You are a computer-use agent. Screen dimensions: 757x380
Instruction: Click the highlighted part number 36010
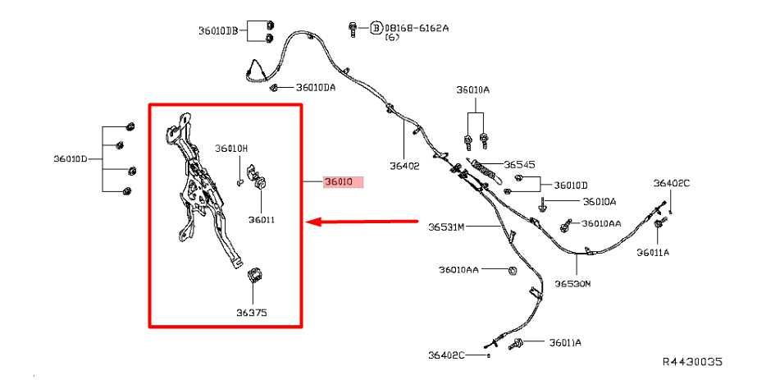(x=339, y=182)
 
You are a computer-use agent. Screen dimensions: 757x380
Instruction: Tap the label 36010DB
(x=218, y=31)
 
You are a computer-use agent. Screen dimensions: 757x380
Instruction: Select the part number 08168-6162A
(x=416, y=28)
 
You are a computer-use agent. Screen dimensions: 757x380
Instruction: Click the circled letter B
(x=376, y=28)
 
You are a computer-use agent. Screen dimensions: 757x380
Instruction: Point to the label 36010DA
(x=316, y=87)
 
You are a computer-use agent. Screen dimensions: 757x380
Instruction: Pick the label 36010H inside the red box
(x=231, y=149)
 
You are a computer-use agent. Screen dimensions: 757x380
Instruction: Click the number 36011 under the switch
(x=262, y=220)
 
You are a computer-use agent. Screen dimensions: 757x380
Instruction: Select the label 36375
(x=252, y=313)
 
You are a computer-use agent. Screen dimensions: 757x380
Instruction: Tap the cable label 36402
(x=404, y=166)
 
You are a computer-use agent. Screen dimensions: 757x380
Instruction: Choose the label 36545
(x=519, y=165)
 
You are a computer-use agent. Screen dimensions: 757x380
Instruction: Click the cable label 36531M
(x=446, y=227)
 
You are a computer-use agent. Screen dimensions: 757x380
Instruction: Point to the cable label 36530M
(x=572, y=283)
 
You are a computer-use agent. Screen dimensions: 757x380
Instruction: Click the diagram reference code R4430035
(x=692, y=361)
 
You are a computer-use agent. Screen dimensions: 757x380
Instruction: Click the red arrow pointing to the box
(x=362, y=222)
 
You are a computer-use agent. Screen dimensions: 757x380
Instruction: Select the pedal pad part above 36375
(x=254, y=275)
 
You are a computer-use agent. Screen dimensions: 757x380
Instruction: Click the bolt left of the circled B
(x=353, y=29)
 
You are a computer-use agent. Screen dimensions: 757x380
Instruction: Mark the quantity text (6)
(x=392, y=37)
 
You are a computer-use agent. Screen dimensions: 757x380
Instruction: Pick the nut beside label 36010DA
(x=274, y=87)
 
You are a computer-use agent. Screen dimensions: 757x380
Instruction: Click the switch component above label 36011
(x=257, y=177)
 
